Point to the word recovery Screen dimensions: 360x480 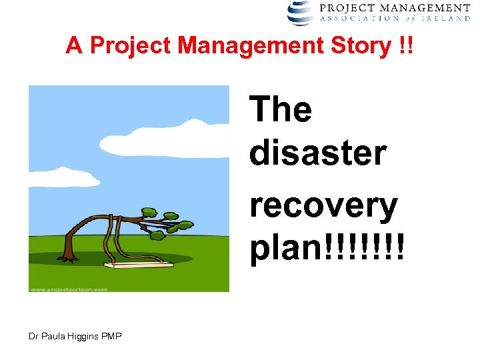324,206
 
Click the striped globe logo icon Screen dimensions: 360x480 301,13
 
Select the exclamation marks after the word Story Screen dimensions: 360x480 403,45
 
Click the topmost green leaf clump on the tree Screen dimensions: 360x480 171,215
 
